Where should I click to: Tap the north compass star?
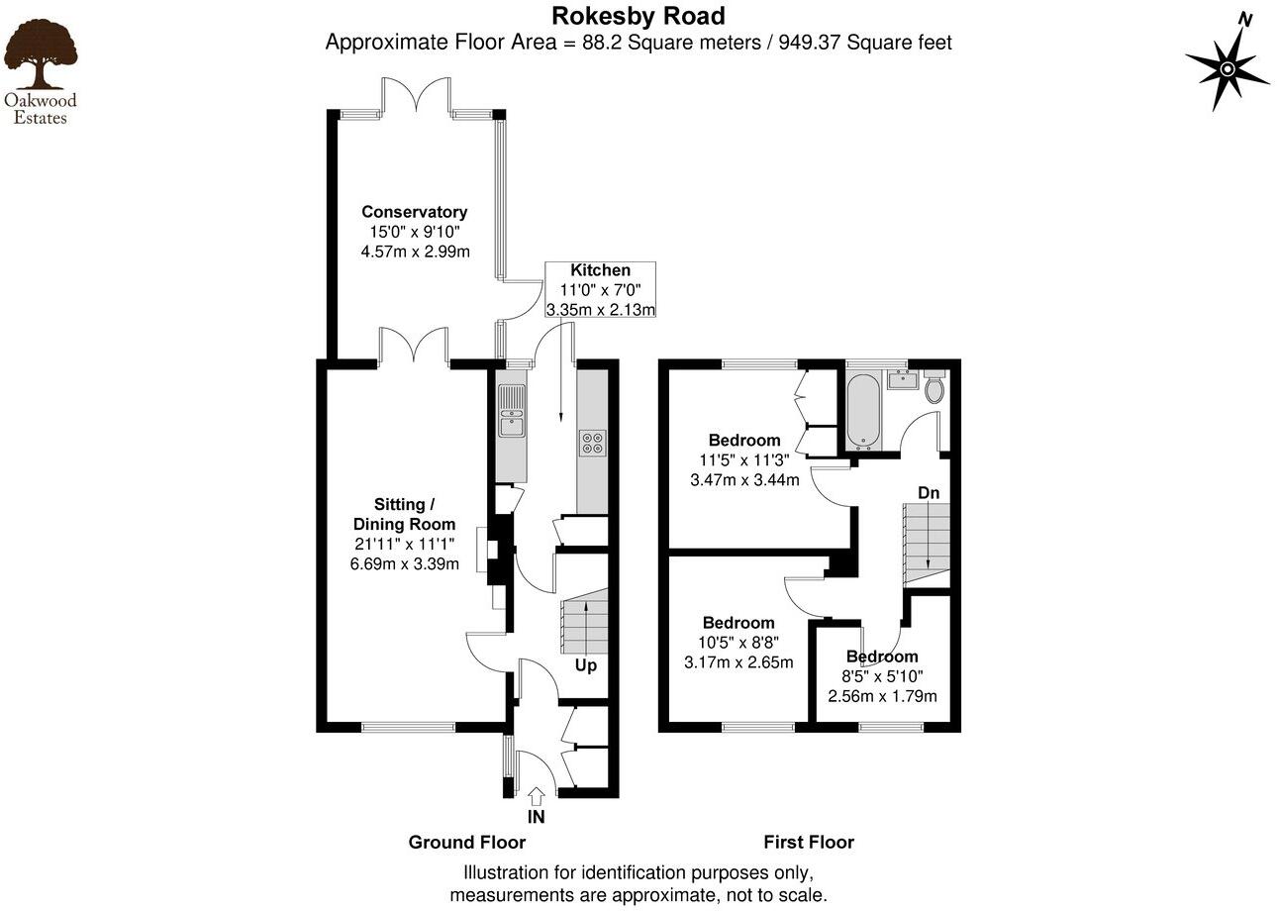point(1227,68)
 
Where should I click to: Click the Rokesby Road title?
point(638,16)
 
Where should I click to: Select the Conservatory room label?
point(414,212)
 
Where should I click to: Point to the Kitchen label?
point(600,270)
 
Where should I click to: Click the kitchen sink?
point(512,414)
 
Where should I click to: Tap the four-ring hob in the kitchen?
point(593,443)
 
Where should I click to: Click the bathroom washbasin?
point(902,379)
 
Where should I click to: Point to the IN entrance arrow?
point(537,795)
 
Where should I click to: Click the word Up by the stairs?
point(586,665)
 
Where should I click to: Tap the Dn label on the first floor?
point(929,492)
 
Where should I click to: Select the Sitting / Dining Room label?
point(404,515)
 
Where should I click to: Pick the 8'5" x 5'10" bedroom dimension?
point(882,676)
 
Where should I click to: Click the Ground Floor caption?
point(467,843)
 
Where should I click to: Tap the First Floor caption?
point(809,843)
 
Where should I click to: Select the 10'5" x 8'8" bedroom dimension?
point(738,643)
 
